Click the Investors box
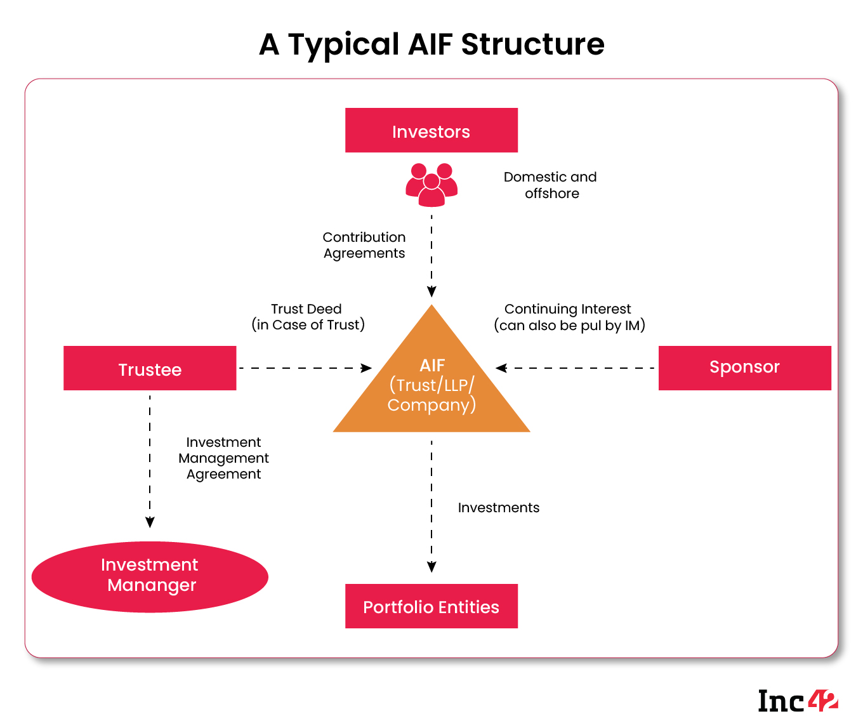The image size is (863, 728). pyautogui.click(x=431, y=131)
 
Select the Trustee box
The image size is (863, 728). pyautogui.click(x=150, y=368)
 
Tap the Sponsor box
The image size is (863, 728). pyautogui.click(x=744, y=367)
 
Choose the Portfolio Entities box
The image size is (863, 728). pyautogui.click(x=431, y=606)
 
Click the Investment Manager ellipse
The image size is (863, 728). pyautogui.click(x=150, y=576)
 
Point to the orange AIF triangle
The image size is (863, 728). pyautogui.click(x=431, y=387)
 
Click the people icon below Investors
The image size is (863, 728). pyautogui.click(x=431, y=185)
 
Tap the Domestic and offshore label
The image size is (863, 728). pyautogui.click(x=550, y=185)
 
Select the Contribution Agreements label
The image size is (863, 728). pyautogui.click(x=364, y=245)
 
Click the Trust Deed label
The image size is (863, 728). pyautogui.click(x=308, y=317)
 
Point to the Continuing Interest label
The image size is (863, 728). pyautogui.click(x=569, y=317)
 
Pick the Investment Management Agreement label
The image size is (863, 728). pyautogui.click(x=223, y=458)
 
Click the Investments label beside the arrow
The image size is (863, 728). pyautogui.click(x=499, y=508)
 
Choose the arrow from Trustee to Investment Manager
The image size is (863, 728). pyautogui.click(x=150, y=460)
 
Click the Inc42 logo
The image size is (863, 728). pyautogui.click(x=798, y=701)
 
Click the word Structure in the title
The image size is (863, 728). pyautogui.click(x=532, y=44)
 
